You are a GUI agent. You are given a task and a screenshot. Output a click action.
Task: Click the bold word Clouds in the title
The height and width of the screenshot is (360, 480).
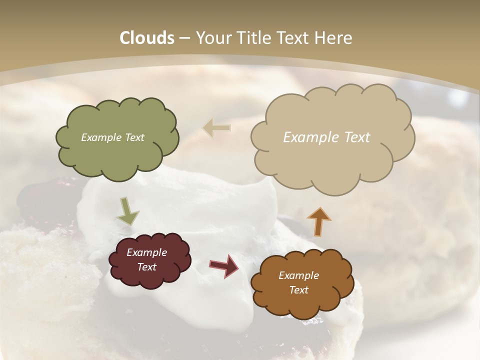146,38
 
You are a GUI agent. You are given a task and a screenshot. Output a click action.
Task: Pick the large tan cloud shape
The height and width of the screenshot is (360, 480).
332,160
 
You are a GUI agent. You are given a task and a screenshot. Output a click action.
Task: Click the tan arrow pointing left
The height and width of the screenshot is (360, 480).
216,128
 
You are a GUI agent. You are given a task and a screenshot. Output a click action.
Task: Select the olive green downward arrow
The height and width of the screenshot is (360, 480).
127,211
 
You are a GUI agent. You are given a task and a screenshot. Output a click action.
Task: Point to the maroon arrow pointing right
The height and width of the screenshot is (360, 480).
224,265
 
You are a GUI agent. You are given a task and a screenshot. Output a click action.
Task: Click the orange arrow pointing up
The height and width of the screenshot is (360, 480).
318,221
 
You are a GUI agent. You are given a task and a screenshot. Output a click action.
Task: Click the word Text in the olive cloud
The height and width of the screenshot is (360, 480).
134,137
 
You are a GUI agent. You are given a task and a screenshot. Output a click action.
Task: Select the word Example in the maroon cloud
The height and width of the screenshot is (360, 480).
146,252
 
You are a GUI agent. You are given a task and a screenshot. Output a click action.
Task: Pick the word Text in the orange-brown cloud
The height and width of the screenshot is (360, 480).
298,290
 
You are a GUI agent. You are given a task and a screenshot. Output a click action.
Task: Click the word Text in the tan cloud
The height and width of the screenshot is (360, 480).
357,137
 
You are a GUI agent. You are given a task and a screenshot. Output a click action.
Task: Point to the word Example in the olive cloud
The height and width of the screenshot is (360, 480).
101,137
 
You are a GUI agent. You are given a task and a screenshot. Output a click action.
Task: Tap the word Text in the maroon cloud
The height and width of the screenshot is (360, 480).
146,267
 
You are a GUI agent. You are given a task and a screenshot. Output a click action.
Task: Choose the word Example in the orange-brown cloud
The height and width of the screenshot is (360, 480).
298,275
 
